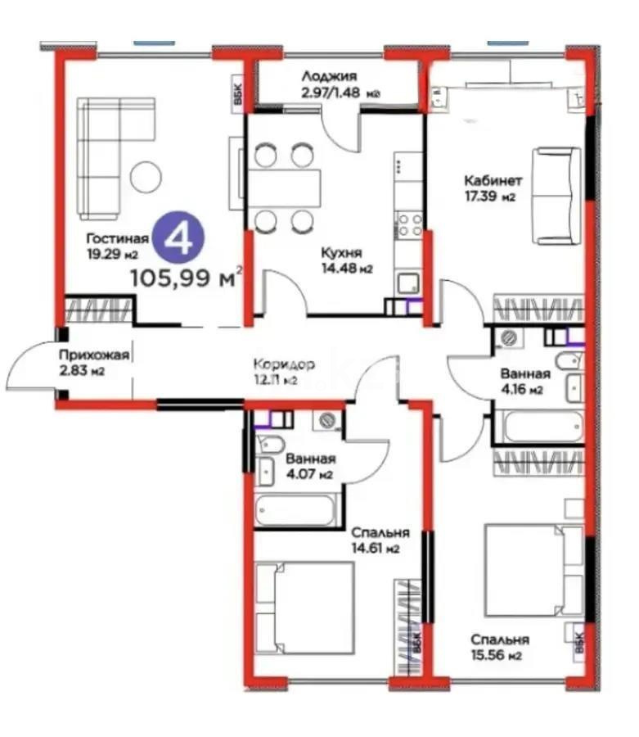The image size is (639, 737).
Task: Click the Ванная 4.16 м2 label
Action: (524, 382)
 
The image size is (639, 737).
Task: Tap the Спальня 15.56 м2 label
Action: (498, 647)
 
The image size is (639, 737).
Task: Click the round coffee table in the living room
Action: (146, 174)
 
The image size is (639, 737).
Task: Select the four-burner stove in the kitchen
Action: (408, 224)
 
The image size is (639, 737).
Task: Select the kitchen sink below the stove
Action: (407, 283)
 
